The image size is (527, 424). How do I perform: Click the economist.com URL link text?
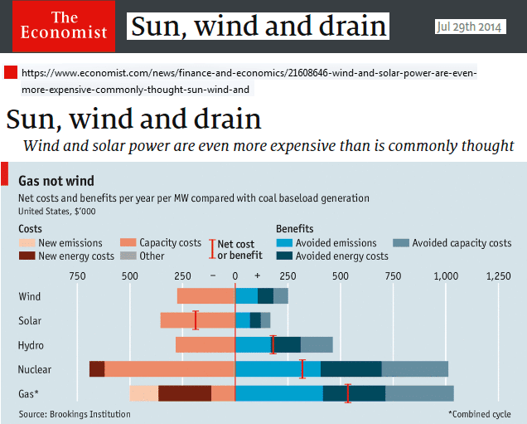coord(249,81)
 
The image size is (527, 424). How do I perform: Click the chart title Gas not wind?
coord(56,181)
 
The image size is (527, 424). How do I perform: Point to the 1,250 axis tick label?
coord(499,275)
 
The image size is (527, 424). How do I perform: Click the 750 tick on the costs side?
coord(77,275)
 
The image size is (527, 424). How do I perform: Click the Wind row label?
coord(30,296)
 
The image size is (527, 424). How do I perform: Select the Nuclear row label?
coord(35,369)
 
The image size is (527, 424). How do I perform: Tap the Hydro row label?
coord(31,345)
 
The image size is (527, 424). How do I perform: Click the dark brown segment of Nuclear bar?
coord(96,369)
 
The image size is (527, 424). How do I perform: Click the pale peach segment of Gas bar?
coord(143,394)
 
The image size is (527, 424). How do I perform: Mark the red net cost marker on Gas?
coord(348,393)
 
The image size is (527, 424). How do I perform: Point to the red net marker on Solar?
coord(196,320)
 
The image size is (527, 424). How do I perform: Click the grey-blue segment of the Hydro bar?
coord(317,345)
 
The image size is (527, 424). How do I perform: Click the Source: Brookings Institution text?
coord(75,414)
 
